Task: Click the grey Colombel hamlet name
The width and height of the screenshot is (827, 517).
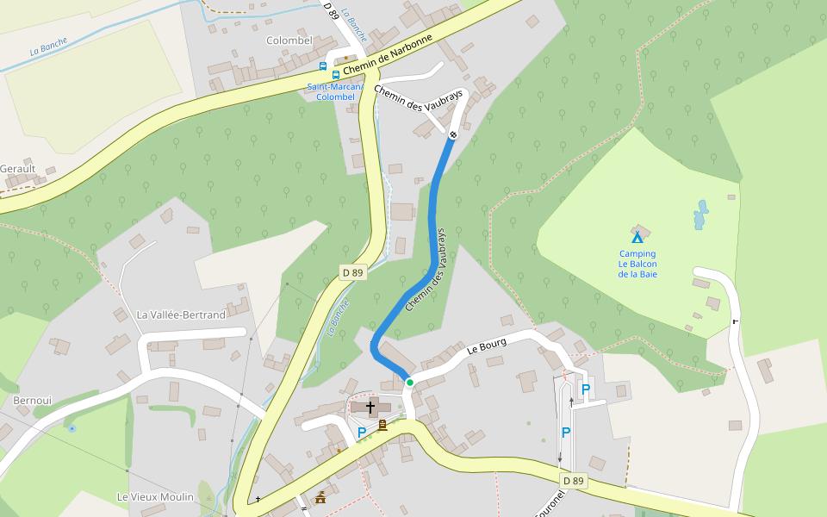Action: [x=289, y=40]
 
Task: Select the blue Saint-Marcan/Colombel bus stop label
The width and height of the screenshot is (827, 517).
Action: [x=335, y=91]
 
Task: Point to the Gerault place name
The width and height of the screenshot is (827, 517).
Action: [x=18, y=169]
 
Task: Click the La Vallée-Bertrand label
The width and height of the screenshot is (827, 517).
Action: [x=181, y=315]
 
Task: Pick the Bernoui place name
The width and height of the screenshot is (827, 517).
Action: [x=33, y=401]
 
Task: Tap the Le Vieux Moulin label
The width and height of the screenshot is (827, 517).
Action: [x=155, y=497]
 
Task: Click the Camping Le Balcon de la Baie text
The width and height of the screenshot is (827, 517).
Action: [x=637, y=264]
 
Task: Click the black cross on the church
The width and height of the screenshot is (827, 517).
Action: [x=370, y=406]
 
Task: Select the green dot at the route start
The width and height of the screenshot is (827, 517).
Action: [x=410, y=383]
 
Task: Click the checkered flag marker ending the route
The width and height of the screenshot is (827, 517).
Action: [x=453, y=134]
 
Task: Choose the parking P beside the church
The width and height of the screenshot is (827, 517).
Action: [x=362, y=432]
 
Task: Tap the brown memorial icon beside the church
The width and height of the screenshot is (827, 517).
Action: [x=382, y=424]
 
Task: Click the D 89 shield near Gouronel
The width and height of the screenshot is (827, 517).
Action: [x=574, y=480]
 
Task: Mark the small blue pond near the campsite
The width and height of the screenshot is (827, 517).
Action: [x=701, y=215]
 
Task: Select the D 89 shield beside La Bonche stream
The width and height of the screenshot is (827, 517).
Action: [x=352, y=272]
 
